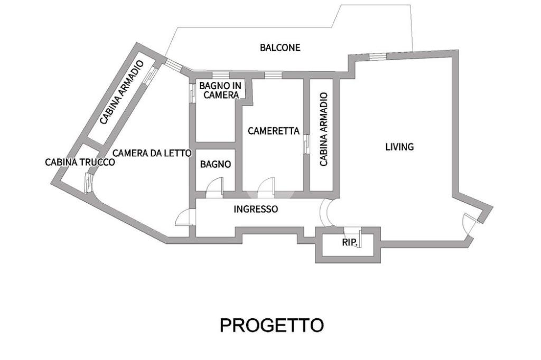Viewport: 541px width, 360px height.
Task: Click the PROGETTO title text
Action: tap(271, 325)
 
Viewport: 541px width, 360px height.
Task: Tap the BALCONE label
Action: tap(280, 48)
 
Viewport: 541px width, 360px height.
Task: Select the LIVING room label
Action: tap(399, 147)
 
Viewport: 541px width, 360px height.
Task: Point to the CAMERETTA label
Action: tap(273, 131)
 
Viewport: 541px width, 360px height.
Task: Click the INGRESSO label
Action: tap(256, 209)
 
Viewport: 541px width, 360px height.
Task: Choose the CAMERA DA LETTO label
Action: tap(152, 153)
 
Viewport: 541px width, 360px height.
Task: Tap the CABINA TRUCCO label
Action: tap(80, 162)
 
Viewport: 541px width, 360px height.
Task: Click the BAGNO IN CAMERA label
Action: tap(219, 90)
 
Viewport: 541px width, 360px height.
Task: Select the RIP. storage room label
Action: tap(349, 243)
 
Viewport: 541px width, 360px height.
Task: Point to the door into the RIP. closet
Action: tap(352, 235)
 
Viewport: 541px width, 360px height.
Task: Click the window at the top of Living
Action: tap(377, 56)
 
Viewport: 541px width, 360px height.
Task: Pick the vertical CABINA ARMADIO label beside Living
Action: tap(324, 130)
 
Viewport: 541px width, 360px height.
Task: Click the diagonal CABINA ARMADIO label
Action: tap(122, 93)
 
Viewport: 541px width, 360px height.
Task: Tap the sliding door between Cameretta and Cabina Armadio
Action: tap(306, 144)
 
